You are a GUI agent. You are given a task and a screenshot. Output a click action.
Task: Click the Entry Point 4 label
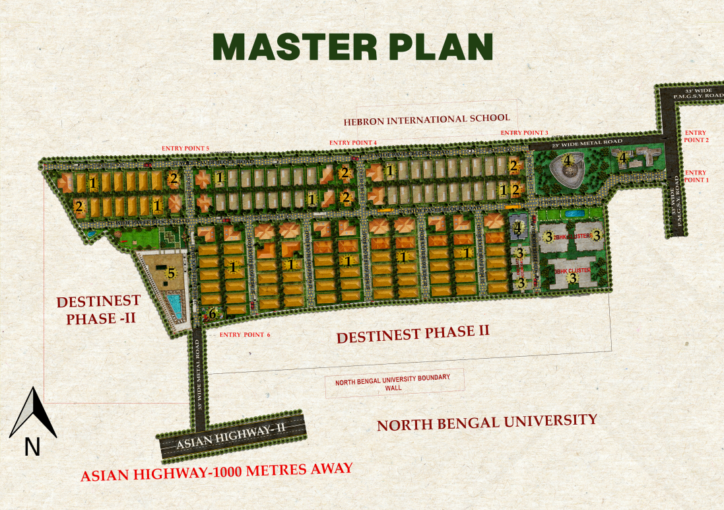click(352, 143)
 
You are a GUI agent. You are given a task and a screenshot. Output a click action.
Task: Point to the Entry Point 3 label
click(524, 133)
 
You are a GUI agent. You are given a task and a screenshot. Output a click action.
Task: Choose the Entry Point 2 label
click(696, 136)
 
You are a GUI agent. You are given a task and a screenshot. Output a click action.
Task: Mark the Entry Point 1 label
click(696, 176)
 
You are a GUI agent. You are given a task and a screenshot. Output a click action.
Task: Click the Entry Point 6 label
click(245, 335)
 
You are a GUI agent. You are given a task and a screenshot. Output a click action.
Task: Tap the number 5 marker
click(171, 272)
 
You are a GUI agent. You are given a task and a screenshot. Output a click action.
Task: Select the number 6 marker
click(213, 314)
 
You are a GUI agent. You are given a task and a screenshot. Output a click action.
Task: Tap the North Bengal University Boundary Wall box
click(394, 382)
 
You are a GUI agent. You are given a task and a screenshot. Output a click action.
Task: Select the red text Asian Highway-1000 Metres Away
click(216, 472)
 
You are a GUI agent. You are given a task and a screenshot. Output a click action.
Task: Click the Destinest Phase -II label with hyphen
click(98, 310)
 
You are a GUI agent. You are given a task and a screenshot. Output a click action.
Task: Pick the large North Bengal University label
click(486, 422)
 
